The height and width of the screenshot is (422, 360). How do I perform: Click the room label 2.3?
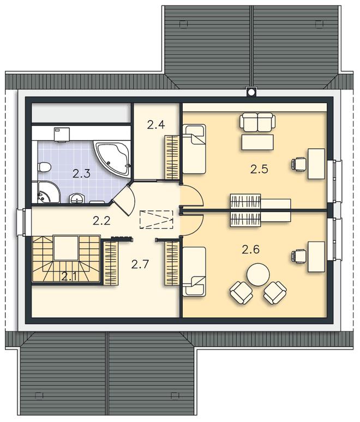point(81,174)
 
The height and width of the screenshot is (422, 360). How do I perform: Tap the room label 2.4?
point(156,125)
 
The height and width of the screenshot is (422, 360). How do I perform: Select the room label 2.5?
point(259,169)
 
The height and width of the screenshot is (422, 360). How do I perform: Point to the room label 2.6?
point(251,250)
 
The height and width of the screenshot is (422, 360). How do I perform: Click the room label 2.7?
point(140,264)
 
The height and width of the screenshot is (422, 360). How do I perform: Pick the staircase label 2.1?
point(69,276)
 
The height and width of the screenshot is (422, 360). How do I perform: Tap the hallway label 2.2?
point(101,221)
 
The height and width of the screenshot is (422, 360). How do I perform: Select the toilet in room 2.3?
point(44,167)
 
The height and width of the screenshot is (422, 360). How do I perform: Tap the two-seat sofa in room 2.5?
point(257,122)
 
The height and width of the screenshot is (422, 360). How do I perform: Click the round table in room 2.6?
point(258,274)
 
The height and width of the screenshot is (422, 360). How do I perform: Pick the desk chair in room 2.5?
point(299,164)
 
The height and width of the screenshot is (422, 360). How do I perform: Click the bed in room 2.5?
point(194,149)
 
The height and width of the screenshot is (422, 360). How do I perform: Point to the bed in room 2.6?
point(194,272)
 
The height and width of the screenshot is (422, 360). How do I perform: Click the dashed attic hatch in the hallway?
point(156,220)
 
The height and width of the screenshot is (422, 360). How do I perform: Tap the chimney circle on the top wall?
point(251,92)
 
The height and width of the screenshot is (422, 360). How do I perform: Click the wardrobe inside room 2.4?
point(172,158)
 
